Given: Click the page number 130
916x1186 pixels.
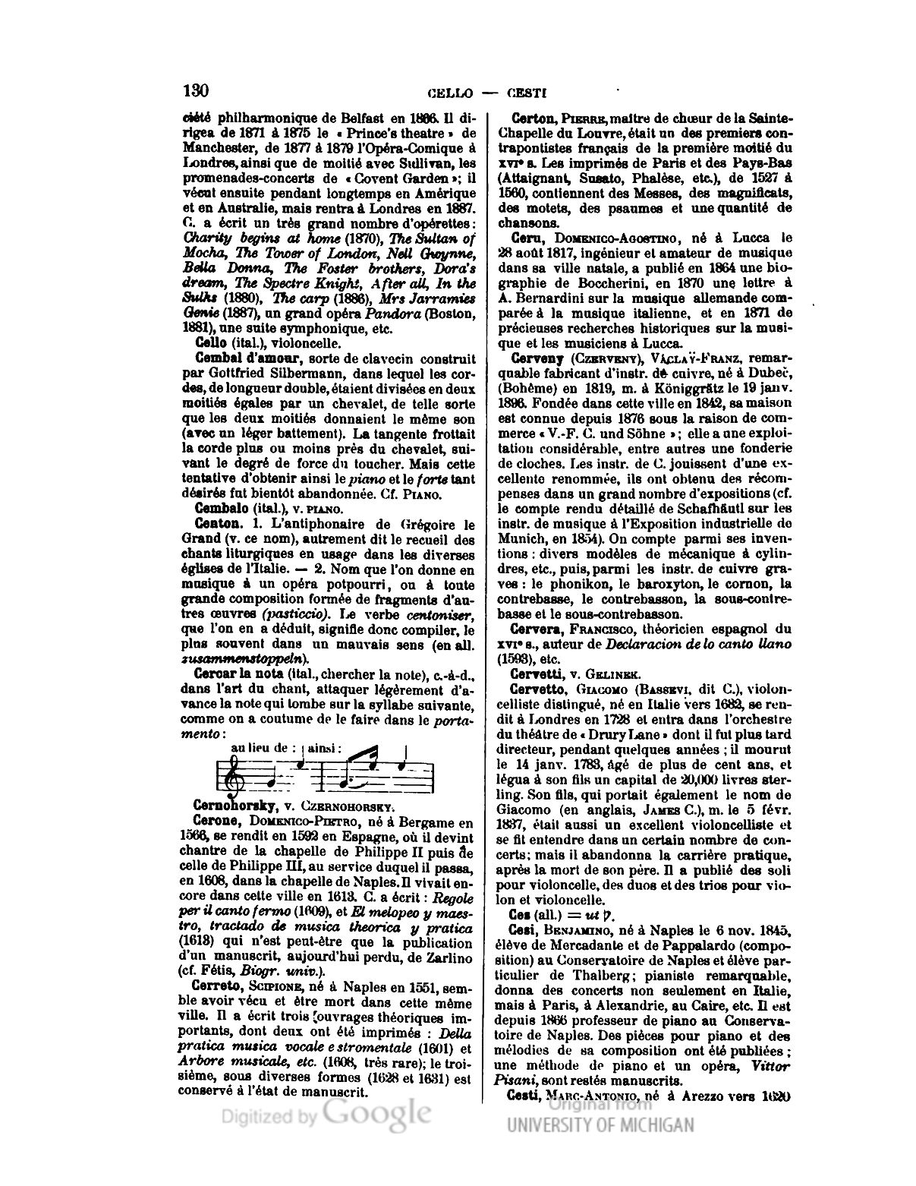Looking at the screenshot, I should tap(196, 91).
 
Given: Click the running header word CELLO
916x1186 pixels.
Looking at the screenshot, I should tap(451, 94).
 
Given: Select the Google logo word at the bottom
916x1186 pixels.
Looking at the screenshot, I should tap(376, 1114).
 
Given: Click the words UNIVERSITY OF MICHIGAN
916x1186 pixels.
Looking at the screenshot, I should tap(600, 1124).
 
